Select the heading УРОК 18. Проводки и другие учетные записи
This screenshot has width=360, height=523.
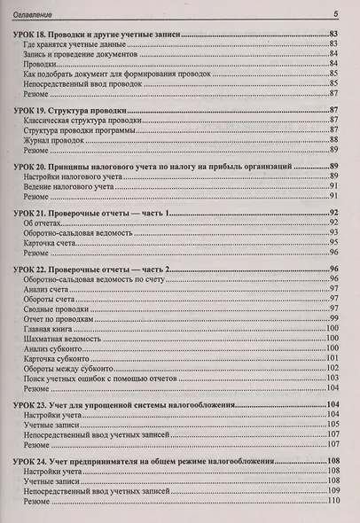click(x=99, y=33)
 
